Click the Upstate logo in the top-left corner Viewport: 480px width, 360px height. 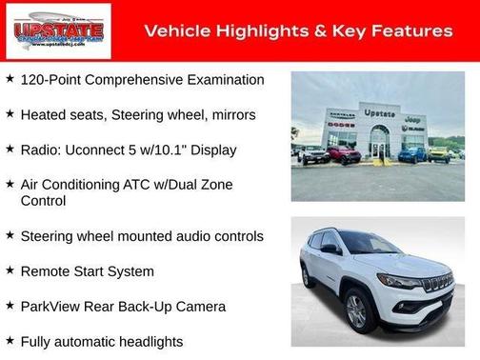tap(58, 31)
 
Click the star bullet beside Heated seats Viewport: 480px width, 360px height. tap(10, 114)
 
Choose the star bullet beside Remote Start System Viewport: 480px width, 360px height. tap(10, 271)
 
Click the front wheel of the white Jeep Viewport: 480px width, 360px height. tap(357, 311)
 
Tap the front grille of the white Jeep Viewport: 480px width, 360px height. tap(437, 284)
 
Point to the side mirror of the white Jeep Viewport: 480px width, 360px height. tap(330, 250)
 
